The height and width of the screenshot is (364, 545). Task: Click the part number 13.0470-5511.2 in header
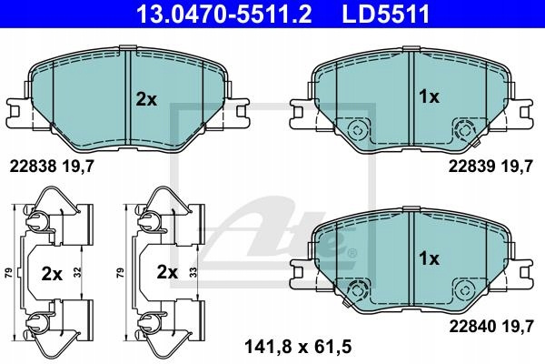click(224, 15)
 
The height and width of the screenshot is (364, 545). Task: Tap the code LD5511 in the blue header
click(386, 15)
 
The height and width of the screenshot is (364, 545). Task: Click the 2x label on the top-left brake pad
click(146, 100)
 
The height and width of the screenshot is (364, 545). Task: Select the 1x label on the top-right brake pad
click(430, 96)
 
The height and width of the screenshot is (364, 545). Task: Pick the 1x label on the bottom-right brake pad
click(430, 258)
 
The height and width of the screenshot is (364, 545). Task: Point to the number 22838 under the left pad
click(33, 167)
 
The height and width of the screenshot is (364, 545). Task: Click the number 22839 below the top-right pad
click(471, 167)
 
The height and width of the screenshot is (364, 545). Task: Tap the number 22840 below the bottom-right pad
click(472, 327)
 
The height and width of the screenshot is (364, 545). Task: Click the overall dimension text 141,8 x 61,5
click(298, 347)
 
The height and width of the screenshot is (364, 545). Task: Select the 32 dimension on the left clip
click(77, 272)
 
